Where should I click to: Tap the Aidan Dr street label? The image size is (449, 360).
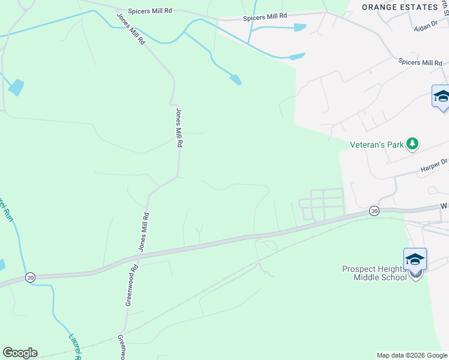click(427, 28)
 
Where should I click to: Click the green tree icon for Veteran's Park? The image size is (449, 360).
click(412, 143)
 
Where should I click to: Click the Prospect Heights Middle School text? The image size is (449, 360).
click(381, 273)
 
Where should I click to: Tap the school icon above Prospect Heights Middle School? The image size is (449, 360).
click(415, 259)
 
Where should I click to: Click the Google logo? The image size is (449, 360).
click(20, 353)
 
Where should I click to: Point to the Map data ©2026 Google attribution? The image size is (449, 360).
click(412, 355)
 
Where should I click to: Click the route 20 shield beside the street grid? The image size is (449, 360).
click(374, 211)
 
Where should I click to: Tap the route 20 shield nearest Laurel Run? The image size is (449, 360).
click(30, 277)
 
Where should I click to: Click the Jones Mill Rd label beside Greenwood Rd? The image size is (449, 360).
click(143, 232)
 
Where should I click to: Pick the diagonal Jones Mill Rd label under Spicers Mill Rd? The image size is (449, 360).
click(130, 29)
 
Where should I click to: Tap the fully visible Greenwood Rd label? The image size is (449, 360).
click(132, 286)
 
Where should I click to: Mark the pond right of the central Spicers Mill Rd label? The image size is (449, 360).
click(300, 27)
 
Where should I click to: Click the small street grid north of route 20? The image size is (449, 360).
click(323, 203)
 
